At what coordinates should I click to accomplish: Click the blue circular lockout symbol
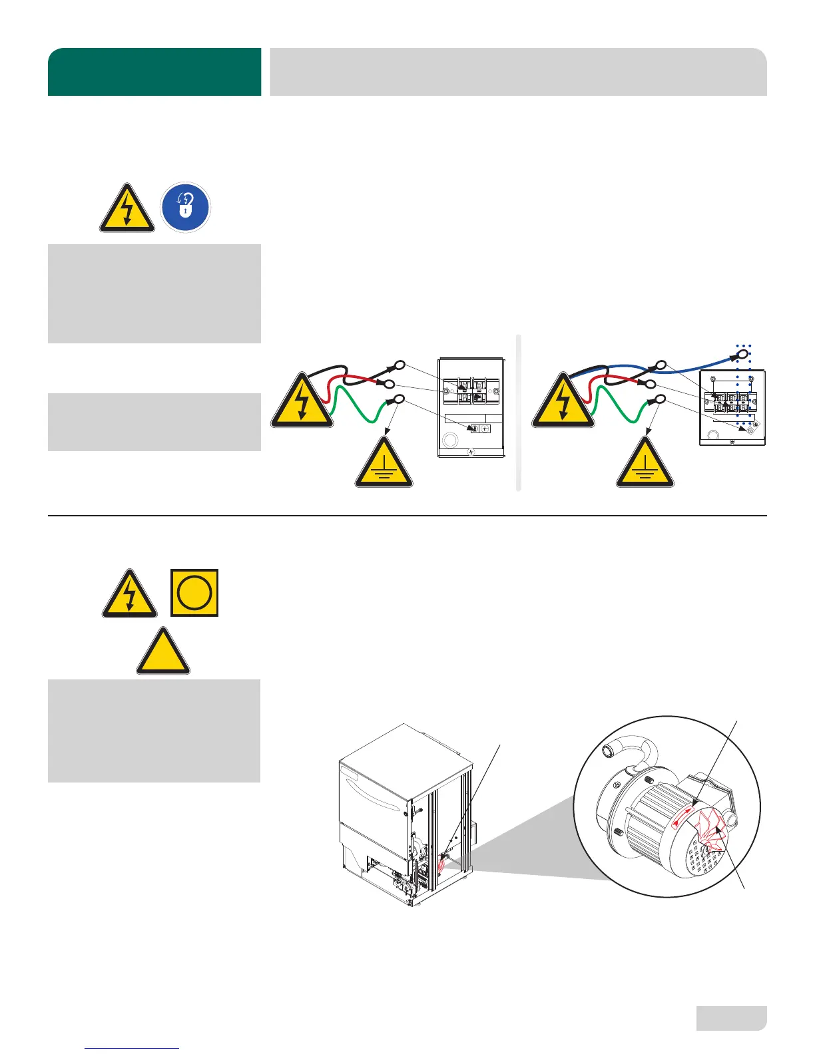point(186,208)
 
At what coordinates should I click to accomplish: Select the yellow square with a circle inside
point(194,592)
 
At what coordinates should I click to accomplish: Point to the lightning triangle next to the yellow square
point(130,595)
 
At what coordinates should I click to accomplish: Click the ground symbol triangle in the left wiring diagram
point(384,464)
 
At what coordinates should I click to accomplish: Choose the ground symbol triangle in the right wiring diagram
point(645,464)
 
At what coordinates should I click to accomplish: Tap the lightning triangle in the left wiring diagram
point(302,403)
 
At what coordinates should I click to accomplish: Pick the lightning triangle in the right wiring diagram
point(563,403)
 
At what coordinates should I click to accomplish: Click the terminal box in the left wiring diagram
point(471,407)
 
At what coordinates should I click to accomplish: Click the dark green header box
point(154,72)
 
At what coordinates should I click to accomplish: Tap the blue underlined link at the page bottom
point(133,1048)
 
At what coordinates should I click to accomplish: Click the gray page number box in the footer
point(731,1017)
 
